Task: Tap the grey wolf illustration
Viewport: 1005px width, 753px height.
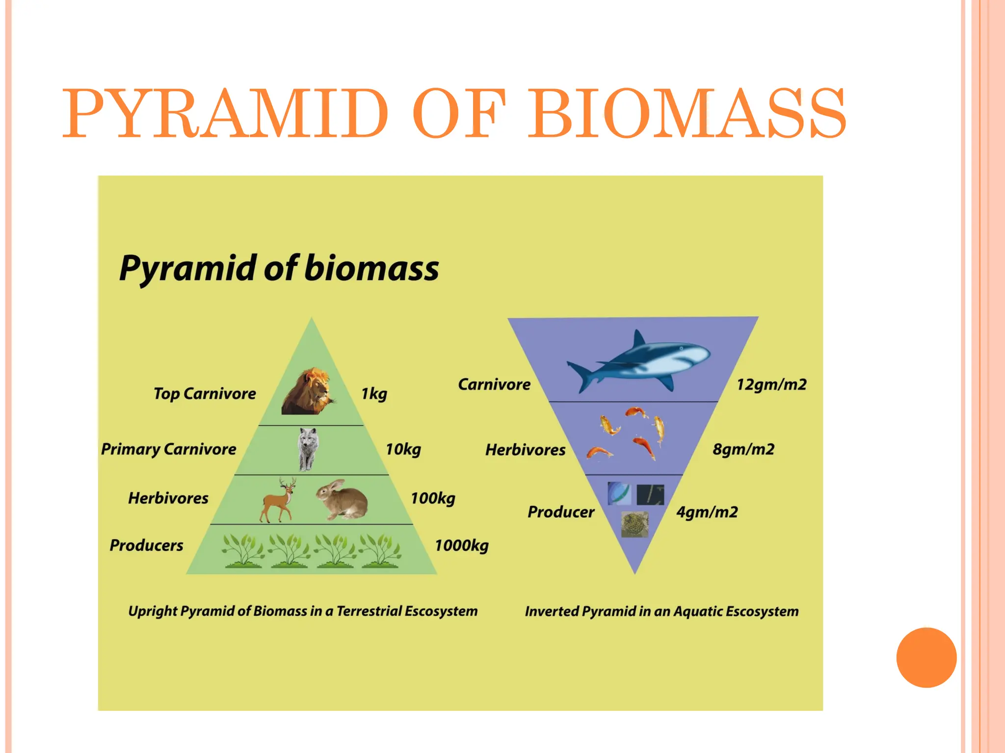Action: pos(308,449)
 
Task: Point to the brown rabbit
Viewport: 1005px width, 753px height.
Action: pos(343,500)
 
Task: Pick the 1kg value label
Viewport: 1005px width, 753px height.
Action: pos(374,394)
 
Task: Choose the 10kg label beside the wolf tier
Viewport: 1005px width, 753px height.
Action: pos(403,449)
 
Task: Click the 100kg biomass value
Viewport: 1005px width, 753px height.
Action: pos(433,499)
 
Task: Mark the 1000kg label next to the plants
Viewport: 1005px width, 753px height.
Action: pos(461,546)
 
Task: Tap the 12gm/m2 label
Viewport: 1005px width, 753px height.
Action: pos(771,385)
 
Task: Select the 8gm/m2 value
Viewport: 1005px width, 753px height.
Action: pos(743,450)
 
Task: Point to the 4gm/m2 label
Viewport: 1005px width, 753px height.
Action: pos(707,512)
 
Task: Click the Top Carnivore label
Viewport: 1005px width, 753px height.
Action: pos(205,394)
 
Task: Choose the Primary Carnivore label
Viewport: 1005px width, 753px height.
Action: pos(168,449)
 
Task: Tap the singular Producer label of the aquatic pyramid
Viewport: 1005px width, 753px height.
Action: pos(561,512)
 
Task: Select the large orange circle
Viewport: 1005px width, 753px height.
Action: pos(926,657)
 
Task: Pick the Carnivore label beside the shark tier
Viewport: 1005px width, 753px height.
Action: pos(494,385)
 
